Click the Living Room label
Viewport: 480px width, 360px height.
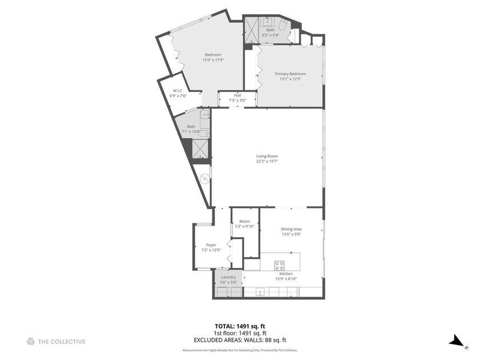[267, 156]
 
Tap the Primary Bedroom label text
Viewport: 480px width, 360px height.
[290, 74]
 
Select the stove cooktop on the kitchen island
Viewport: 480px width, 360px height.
[279, 265]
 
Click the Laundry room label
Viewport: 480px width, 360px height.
[229, 277]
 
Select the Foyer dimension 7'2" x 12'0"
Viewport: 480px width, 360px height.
[211, 250]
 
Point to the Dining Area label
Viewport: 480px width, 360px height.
[291, 229]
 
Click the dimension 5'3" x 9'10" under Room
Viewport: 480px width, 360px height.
[245, 226]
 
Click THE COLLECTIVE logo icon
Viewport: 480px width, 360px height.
[31, 342]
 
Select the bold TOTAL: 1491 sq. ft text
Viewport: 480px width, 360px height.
[240, 327]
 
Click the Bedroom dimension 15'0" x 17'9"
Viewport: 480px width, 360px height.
[213, 60]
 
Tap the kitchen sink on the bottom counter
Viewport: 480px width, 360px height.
[260, 293]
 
